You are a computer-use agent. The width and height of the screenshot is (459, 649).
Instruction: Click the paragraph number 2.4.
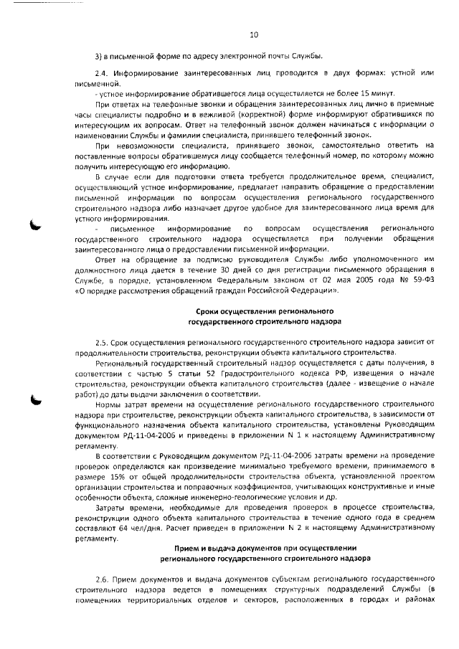click(x=102, y=74)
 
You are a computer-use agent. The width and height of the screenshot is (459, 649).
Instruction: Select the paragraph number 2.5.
click(x=102, y=344)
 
